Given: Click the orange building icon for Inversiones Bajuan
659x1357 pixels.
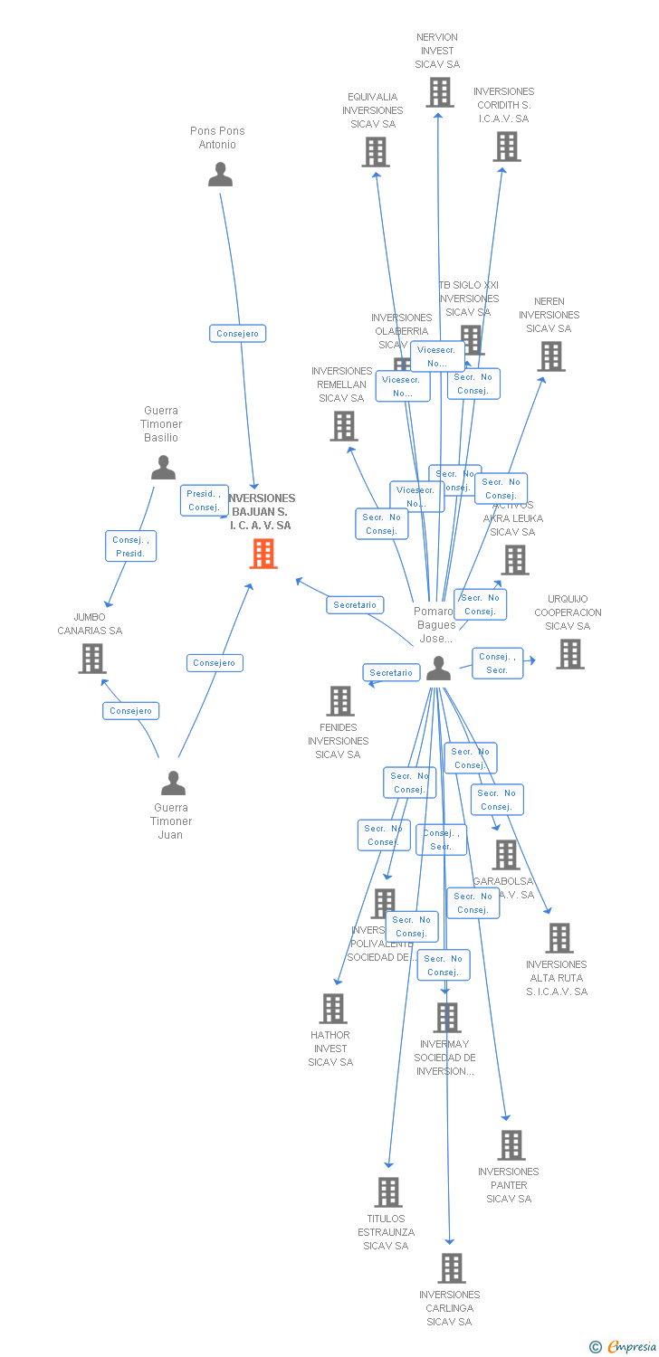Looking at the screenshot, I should [x=263, y=554].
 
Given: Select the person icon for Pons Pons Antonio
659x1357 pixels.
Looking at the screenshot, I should [x=220, y=175].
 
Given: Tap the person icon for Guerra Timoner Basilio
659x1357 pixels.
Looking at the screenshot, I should [x=163, y=468].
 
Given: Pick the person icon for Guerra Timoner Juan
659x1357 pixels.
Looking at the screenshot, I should [x=172, y=783].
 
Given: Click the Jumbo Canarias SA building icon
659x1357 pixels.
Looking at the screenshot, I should [x=91, y=659].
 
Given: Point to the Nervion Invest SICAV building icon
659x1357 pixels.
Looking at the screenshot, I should [x=439, y=92].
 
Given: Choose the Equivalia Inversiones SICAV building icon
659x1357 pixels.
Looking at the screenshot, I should [x=376, y=152].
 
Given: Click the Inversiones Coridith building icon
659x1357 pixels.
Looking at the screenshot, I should [x=506, y=147].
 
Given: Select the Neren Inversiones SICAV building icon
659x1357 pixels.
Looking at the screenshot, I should [x=550, y=356].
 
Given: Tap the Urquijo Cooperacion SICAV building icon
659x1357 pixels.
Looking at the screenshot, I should [x=569, y=654].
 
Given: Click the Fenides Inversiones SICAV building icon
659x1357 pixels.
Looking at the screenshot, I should [x=340, y=701].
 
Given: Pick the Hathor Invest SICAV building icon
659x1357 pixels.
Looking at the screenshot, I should [x=333, y=1009].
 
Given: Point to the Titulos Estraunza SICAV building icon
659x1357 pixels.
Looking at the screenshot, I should [x=388, y=1192].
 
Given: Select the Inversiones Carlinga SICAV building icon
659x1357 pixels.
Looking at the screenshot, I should [x=451, y=1268].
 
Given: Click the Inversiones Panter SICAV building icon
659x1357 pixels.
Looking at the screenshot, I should [x=511, y=1145].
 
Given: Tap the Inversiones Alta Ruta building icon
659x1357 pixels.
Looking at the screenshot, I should [x=559, y=938].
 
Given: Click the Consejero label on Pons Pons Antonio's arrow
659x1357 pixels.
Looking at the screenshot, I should [x=237, y=334].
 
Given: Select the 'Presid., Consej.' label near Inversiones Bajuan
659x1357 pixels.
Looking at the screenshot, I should [x=204, y=500].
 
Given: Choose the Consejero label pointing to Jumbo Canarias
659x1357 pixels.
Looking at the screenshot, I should [x=130, y=711].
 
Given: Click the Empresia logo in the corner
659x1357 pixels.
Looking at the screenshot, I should [x=624, y=1347].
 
